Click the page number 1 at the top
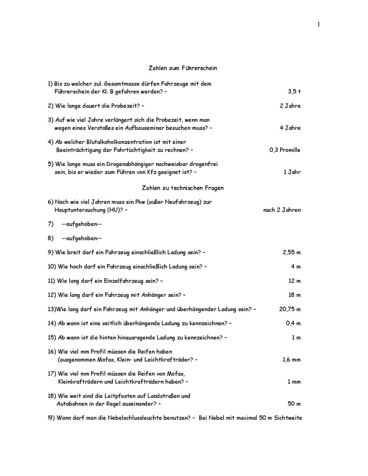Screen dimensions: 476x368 click(319, 24)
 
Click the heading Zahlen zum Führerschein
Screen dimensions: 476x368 click(183, 68)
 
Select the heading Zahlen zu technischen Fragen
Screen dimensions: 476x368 click(183, 188)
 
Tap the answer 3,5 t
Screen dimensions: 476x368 click(294, 92)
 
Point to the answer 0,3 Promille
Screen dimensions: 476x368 click(285, 150)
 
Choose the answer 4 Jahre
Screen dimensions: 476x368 click(290, 128)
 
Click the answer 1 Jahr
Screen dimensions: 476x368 click(292, 172)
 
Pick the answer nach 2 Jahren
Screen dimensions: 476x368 click(282, 210)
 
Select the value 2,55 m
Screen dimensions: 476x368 click(291, 252)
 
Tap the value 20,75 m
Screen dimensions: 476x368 click(290, 309)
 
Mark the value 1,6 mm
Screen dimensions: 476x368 click(291, 360)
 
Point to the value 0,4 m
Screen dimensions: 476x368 click(293, 323)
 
